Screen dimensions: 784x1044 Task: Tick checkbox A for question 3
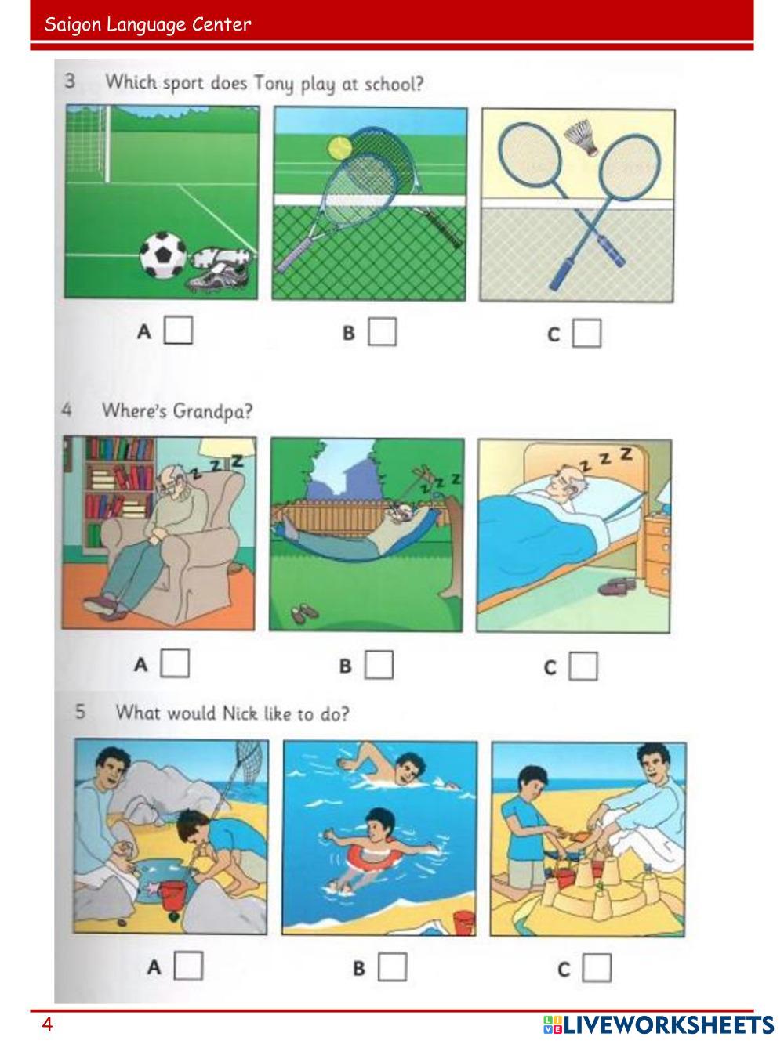[x=178, y=330]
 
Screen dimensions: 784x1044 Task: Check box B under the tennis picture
[x=382, y=331]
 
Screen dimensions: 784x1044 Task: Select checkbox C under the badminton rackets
[x=586, y=333]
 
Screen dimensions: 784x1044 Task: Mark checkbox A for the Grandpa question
[x=175, y=663]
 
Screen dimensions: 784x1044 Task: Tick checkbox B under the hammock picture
[x=379, y=664]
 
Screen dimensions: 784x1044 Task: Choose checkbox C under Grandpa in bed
[x=583, y=666]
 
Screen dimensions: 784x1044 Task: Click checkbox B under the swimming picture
[x=393, y=966]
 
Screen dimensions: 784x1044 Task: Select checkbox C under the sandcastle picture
[x=597, y=967]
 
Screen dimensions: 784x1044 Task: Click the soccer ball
[x=163, y=255]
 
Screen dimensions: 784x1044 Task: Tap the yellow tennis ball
[x=339, y=147]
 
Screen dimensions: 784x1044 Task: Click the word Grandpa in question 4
[x=212, y=410]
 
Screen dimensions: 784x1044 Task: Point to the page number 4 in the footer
[x=47, y=1024]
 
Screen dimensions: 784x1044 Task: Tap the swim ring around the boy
[x=374, y=858]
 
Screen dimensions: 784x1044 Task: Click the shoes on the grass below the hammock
[x=303, y=613]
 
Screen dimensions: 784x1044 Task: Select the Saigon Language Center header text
[x=147, y=25]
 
